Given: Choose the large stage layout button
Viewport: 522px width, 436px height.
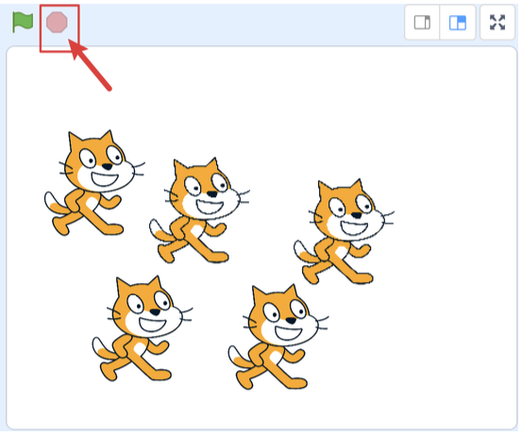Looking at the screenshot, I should tap(458, 23).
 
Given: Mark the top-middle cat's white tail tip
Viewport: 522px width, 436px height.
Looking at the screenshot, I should tap(157, 226).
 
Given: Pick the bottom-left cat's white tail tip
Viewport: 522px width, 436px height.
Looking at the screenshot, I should tap(100, 344).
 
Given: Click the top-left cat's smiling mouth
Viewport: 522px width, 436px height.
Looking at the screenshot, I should tap(104, 177).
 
